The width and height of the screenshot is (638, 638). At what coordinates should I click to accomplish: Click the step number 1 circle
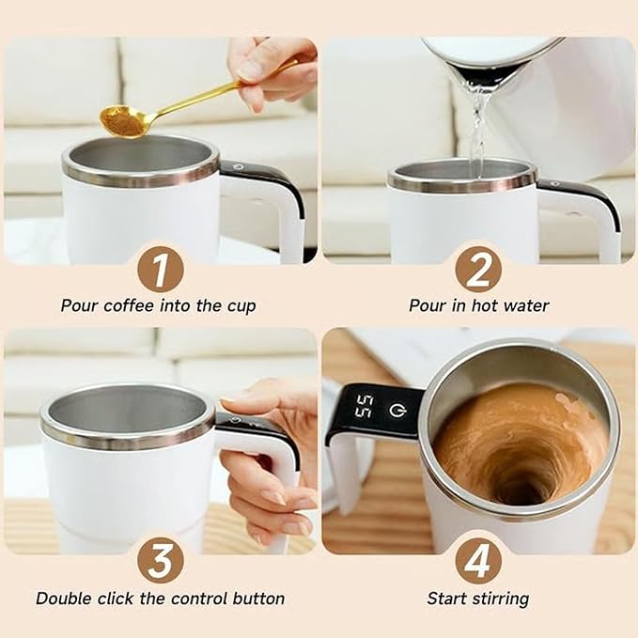point(160,271)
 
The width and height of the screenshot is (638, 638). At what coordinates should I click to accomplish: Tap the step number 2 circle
point(478,271)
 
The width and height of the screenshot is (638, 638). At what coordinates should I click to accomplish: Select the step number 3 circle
point(160,561)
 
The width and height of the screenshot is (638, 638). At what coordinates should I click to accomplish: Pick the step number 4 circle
point(478,561)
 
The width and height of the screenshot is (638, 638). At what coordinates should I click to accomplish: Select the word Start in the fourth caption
point(446,599)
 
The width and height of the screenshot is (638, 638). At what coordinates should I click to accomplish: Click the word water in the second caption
point(527,305)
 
